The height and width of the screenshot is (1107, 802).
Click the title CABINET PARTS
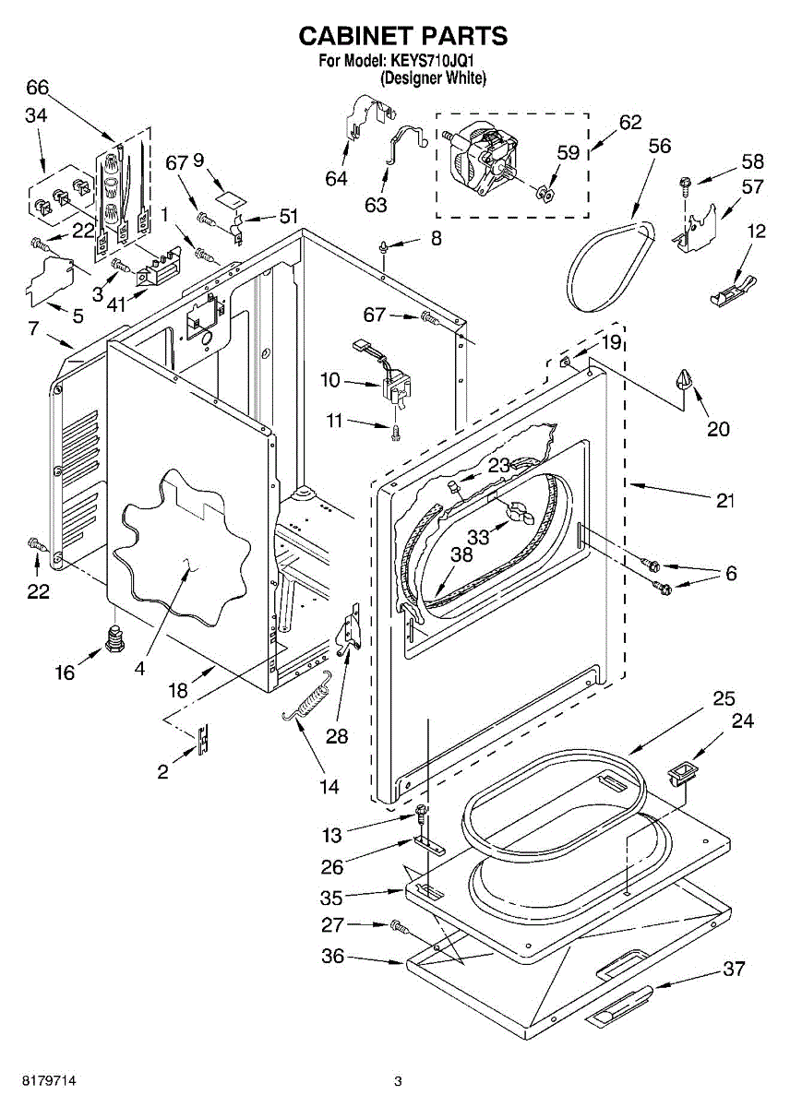(403, 36)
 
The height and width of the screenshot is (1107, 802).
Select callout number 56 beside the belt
(660, 146)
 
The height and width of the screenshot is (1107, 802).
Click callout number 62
(630, 123)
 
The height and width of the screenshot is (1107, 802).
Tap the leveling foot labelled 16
(114, 638)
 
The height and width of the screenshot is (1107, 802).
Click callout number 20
(719, 429)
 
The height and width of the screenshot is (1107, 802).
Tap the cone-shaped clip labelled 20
(683, 379)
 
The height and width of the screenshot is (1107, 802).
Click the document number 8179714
(50, 1080)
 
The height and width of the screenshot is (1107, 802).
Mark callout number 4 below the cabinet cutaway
(140, 669)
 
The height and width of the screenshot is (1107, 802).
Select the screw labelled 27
(398, 926)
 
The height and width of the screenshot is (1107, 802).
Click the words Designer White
(433, 77)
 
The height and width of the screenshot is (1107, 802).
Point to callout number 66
(38, 88)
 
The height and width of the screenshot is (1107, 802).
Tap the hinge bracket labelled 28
(350, 630)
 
